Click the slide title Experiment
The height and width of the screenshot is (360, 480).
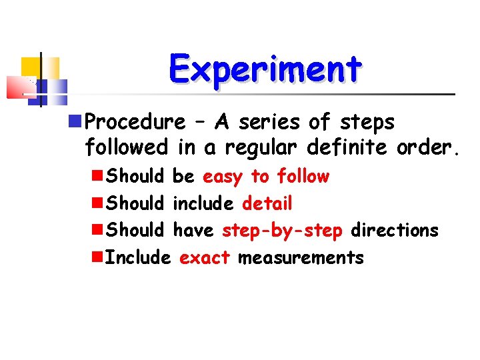click(265, 69)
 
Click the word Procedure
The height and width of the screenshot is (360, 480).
click(136, 123)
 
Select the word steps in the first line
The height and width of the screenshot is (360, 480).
click(369, 123)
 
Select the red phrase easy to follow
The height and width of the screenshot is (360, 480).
click(266, 177)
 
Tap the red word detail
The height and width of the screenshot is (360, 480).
click(267, 203)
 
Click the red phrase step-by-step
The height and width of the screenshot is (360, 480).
click(282, 231)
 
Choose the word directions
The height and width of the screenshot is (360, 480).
click(395, 231)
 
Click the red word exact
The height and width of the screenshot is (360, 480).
click(205, 257)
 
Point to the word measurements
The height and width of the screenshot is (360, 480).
click(301, 257)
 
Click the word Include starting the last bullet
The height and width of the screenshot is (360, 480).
click(139, 257)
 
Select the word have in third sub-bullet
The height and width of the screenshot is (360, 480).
click(193, 231)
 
